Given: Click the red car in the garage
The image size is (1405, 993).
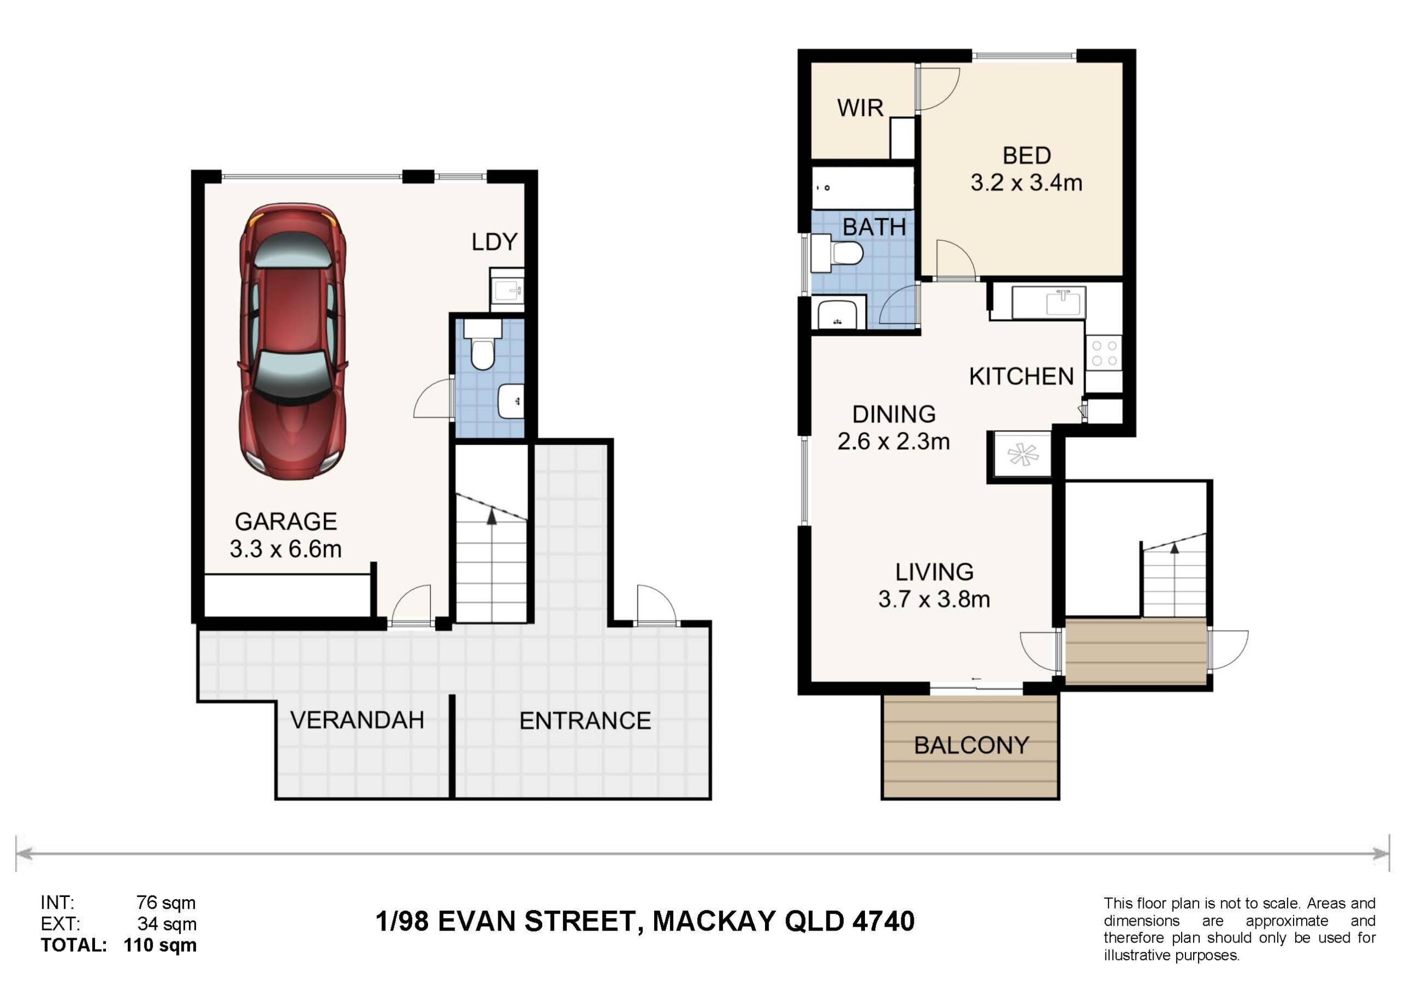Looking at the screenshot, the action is pos(293,341).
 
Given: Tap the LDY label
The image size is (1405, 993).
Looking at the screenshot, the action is pos(494,242).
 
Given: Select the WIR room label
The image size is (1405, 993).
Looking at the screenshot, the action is pos(861,108).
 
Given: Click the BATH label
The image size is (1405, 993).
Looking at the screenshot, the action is pos(874,228).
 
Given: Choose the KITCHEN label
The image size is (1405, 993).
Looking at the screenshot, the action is pos(1021,377).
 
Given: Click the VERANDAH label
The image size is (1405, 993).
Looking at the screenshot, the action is pos(357,720).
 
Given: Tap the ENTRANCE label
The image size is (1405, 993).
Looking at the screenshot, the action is pos(585,721).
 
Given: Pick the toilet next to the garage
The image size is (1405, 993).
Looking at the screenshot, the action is pos(483,345).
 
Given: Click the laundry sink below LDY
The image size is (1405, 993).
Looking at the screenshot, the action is pos(507,291).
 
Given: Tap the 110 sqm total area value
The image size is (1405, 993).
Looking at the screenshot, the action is pos(160,945).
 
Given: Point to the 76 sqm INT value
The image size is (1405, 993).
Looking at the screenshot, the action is pos(166,903).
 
